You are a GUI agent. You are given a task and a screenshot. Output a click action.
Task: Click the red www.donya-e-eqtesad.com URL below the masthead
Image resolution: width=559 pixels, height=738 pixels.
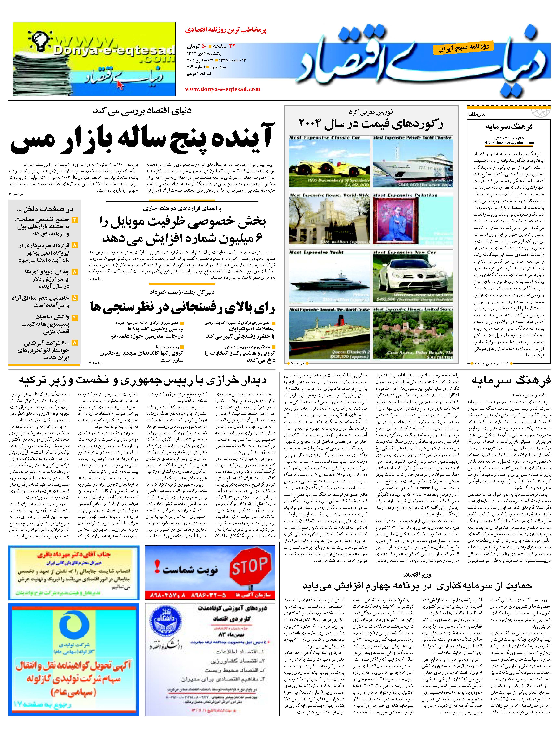pos(222,89)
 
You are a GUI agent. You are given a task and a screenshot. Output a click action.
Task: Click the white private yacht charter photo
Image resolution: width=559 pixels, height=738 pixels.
pos(413,163)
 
